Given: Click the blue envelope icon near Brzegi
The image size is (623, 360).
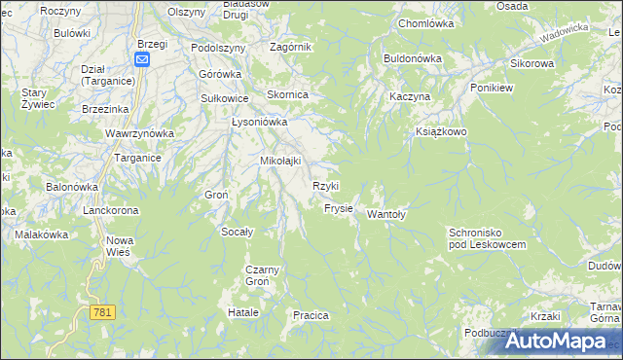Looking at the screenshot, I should (142, 59).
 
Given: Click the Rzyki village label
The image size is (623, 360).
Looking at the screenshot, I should (325, 186).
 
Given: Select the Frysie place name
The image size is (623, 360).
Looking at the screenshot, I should (338, 208).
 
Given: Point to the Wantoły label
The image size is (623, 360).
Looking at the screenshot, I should (385, 215).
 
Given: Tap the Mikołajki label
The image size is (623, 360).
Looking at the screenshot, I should (280, 161).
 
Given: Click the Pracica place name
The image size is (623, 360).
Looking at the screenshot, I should (311, 315).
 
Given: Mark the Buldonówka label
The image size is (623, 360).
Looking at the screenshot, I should (413, 58).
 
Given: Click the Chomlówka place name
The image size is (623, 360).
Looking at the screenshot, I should (427, 22).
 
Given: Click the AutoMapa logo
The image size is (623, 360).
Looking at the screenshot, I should (554, 341).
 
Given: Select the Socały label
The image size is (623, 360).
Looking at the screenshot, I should (238, 232).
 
